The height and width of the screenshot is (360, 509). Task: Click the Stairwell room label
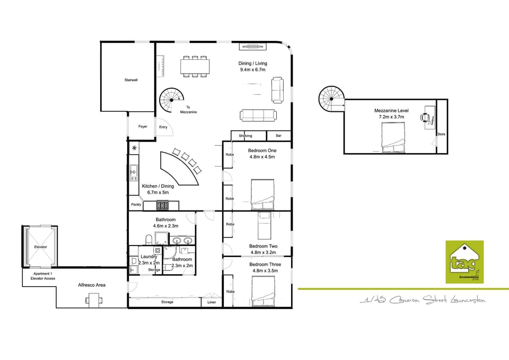pos(131,80)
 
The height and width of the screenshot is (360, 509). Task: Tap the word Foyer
pos(143,127)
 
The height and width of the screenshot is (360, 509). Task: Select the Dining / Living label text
pos(253,64)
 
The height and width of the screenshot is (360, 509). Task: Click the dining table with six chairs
pos(195,66)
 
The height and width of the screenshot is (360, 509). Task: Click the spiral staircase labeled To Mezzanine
pos(173,100)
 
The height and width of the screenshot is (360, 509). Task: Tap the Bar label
pos(278,136)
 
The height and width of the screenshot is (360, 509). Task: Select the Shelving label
pos(245,136)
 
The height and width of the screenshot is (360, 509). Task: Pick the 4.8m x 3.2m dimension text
pos(264,253)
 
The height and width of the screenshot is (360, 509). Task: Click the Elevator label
pos(40,247)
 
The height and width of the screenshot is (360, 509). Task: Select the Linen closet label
pos(212,302)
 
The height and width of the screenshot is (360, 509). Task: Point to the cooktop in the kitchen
pos(163,205)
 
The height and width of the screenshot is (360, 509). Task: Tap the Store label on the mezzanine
pos(441,134)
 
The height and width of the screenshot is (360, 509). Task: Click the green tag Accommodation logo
pos(464,261)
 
